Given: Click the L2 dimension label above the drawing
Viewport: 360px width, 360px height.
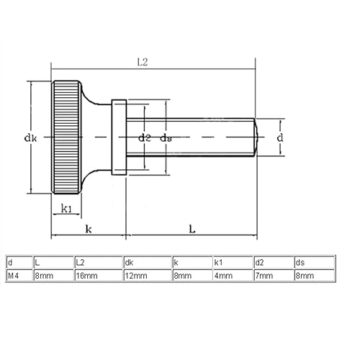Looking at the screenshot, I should pyautogui.click(x=142, y=63).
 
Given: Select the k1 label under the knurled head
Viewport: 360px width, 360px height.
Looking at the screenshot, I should pyautogui.click(x=67, y=208).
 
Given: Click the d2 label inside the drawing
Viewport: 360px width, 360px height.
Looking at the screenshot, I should pyautogui.click(x=144, y=137).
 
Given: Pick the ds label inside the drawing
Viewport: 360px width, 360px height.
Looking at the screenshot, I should pyautogui.click(x=166, y=137).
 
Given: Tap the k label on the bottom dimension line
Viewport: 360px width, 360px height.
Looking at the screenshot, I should pyautogui.click(x=88, y=228).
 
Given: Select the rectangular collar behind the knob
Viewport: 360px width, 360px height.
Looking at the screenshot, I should pyautogui.click(x=120, y=137).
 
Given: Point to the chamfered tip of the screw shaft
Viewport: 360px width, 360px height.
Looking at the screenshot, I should pyautogui.click(x=254, y=137).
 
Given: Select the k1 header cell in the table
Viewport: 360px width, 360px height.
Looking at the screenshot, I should pyautogui.click(x=220, y=262).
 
